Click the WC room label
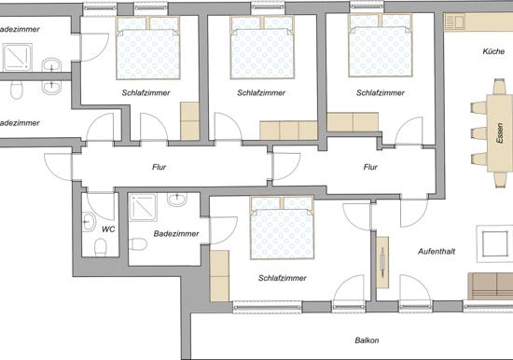point(108,229)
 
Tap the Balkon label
point(367,340)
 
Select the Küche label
point(493,51)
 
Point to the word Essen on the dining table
point(500,133)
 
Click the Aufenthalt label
point(437,251)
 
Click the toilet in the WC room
point(101,247)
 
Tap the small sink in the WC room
point(88,222)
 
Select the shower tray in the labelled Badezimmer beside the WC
point(143,207)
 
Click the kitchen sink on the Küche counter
point(454,22)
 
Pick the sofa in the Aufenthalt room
point(491,286)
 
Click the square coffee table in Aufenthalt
point(495,243)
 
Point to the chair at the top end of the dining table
point(500,87)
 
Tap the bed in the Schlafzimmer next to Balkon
point(282,228)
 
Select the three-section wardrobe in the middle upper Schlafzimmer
point(288,131)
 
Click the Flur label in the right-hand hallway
point(370,167)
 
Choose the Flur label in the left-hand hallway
point(159,167)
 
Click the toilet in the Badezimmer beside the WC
point(138,244)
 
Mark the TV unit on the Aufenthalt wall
point(382,262)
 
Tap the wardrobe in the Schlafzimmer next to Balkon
point(219,275)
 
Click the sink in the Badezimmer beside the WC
point(177,199)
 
